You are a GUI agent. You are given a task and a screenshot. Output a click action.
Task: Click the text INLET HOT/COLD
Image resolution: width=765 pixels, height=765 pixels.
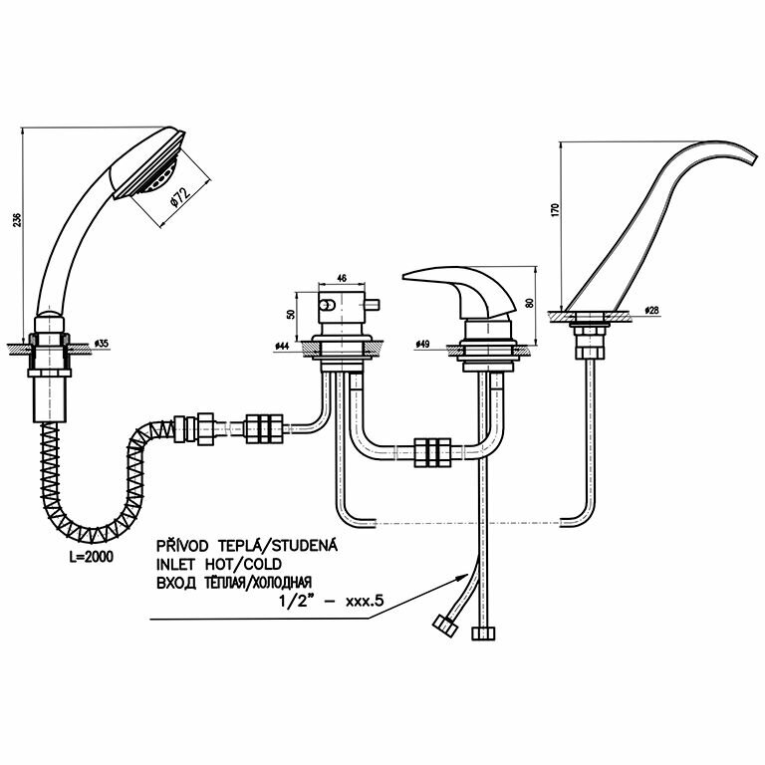[x=210, y=564]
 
